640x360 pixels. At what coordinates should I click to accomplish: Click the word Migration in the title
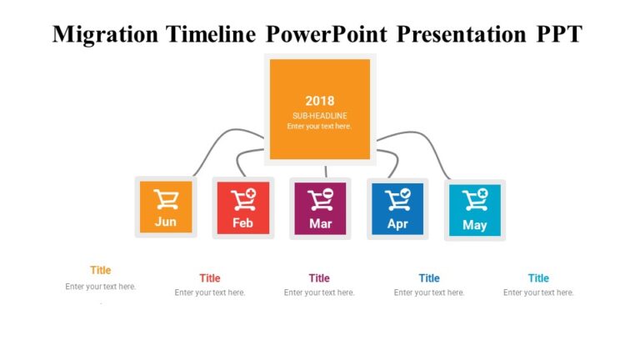coord(104,34)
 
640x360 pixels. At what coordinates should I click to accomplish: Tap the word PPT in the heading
coord(556,34)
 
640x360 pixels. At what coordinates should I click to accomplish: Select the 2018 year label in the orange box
coord(320,101)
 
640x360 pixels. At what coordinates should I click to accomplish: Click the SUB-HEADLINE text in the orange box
coord(320,115)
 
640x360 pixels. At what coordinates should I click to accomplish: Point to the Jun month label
coord(166,222)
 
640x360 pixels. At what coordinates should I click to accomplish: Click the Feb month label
coord(242,223)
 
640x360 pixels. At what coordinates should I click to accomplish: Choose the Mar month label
coord(320,223)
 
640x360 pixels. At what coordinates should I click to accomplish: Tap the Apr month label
coord(397,223)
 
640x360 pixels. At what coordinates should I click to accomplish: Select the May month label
coord(475,225)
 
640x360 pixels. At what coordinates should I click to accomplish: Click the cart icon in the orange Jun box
coord(166,200)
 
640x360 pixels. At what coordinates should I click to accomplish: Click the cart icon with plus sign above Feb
coord(243,200)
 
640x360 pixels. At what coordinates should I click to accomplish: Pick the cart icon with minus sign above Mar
coord(321,200)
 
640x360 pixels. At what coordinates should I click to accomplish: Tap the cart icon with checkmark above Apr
coord(397,200)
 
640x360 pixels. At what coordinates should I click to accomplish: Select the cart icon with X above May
coord(475,201)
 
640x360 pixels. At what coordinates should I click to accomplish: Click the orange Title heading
coord(100,270)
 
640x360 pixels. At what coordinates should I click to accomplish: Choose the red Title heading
coord(210,278)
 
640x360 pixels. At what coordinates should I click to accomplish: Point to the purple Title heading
coord(319,278)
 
